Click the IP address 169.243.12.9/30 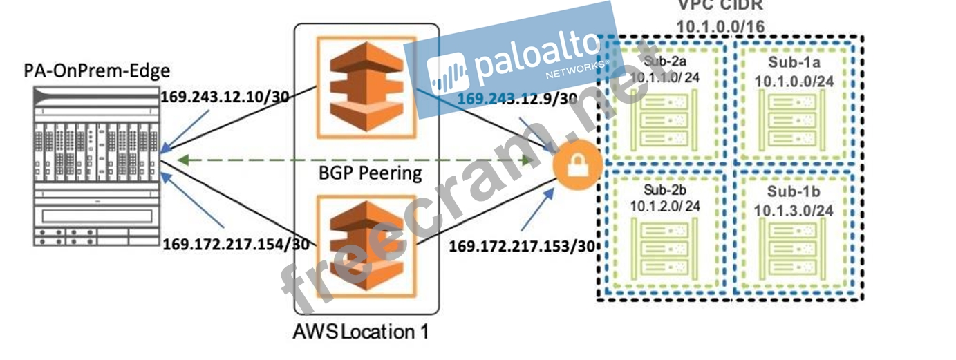(x=517, y=99)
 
